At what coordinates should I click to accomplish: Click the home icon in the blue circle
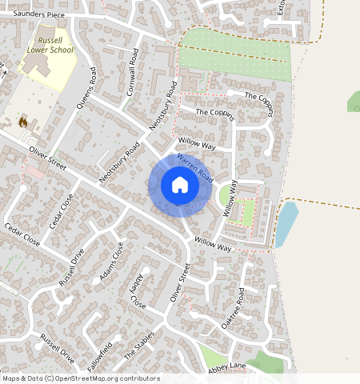[180, 186]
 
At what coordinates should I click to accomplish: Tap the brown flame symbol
[23, 122]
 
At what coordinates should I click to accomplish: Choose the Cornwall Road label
[134, 70]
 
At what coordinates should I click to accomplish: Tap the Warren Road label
[194, 166]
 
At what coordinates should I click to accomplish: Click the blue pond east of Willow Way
[286, 223]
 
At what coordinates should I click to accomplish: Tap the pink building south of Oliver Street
[34, 172]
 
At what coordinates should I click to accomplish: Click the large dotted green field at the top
[234, 56]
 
